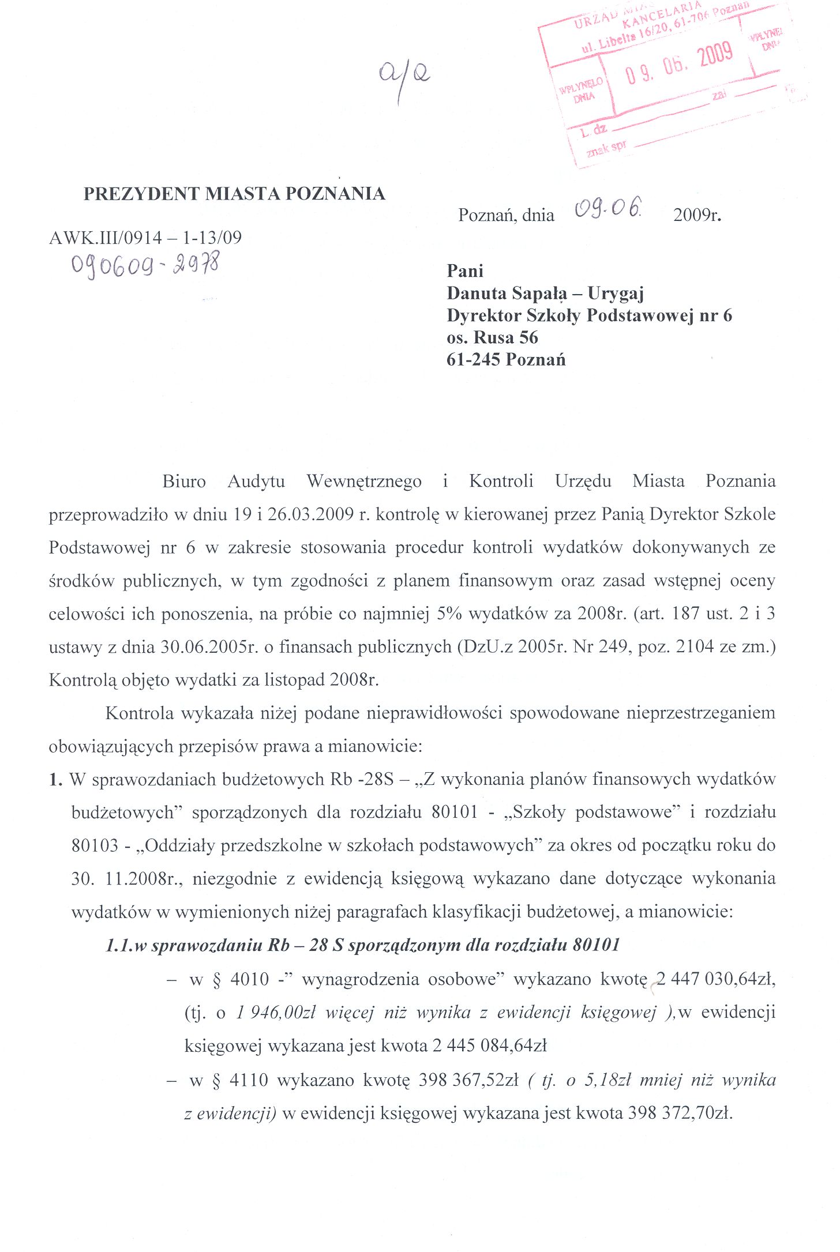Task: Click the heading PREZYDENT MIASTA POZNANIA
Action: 234,194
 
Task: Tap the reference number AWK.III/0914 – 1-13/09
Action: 145,238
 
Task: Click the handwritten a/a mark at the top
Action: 404,78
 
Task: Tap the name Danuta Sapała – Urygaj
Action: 545,294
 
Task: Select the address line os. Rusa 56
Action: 492,337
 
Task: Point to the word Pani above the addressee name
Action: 465,271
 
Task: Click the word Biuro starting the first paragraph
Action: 184,481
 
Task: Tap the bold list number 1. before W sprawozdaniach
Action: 55,780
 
